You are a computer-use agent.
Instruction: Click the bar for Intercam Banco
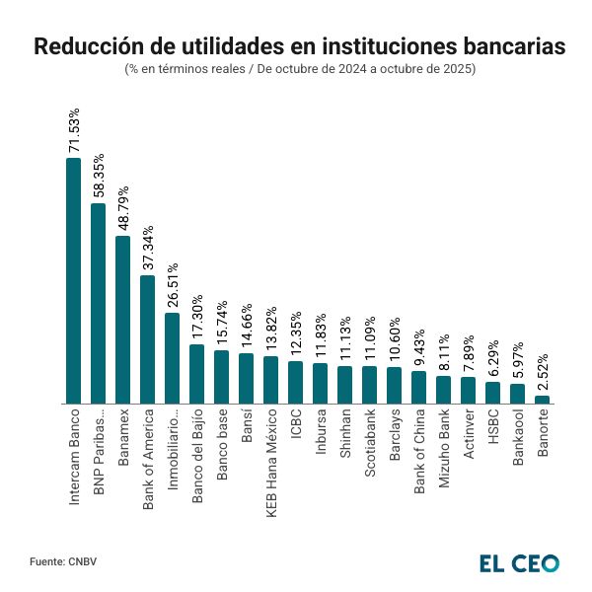(73, 281)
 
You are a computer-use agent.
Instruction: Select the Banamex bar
(122, 320)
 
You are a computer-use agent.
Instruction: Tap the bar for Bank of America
(147, 339)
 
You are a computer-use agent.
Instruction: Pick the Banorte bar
(542, 399)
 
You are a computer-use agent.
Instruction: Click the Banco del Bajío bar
(196, 374)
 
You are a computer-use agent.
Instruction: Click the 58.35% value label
(99, 179)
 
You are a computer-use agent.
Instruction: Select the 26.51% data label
(173, 286)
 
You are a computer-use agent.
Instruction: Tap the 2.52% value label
(542, 371)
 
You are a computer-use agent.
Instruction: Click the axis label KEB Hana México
(271, 454)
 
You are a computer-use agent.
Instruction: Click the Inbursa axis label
(321, 433)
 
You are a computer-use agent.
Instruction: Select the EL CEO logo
(519, 562)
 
